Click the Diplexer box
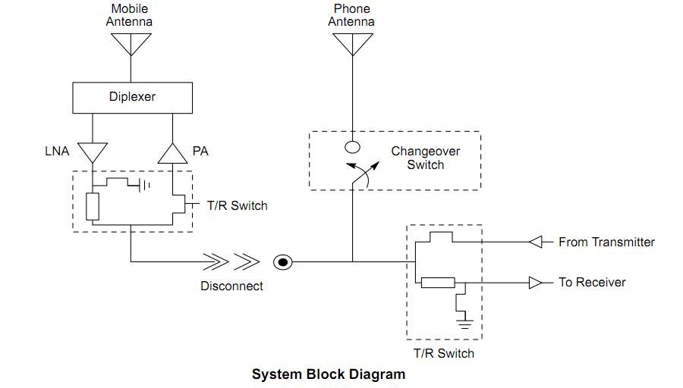click(132, 97)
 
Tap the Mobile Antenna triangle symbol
click(131, 44)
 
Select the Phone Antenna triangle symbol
click(351, 44)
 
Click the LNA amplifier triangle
click(93, 152)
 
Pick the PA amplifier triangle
click(172, 153)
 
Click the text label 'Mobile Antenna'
click(130, 15)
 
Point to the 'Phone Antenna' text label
click(351, 15)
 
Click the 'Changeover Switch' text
click(425, 158)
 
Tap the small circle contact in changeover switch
click(352, 147)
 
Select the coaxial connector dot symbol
click(282, 262)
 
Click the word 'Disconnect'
click(231, 286)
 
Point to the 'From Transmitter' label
click(606, 242)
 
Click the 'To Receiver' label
click(592, 282)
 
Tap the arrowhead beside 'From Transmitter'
click(536, 242)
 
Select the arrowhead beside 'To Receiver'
click(536, 283)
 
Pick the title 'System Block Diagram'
click(329, 374)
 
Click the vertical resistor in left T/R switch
click(93, 207)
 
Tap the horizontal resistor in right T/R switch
click(438, 283)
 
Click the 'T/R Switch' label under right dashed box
click(444, 353)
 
